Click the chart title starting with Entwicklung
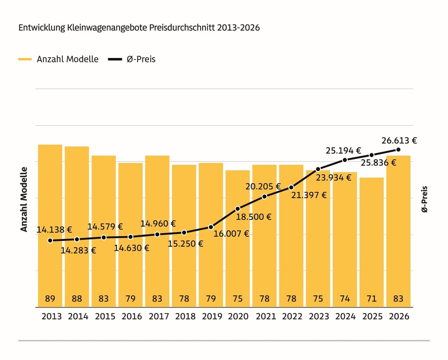click(139, 28)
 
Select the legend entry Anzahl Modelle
click(58, 59)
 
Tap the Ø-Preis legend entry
click(132, 59)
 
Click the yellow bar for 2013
click(50, 226)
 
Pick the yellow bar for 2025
click(372, 242)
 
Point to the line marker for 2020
click(238, 209)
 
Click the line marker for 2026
click(398, 150)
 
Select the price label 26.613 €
click(399, 141)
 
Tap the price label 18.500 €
click(254, 217)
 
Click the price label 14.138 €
click(54, 230)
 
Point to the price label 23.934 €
click(334, 178)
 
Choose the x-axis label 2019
click(212, 316)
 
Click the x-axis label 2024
click(345, 316)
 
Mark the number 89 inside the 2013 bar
click(50, 299)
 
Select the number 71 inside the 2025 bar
click(372, 299)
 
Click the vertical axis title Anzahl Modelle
click(24, 199)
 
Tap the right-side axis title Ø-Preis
click(425, 199)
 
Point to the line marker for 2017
click(157, 234)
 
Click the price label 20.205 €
click(263, 187)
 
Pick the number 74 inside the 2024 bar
click(345, 299)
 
